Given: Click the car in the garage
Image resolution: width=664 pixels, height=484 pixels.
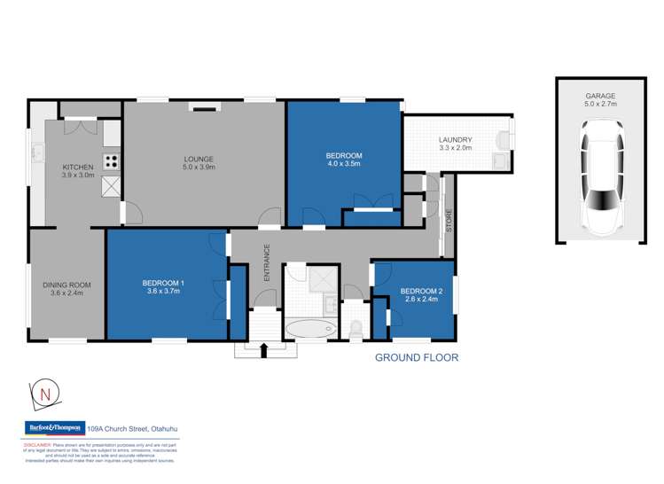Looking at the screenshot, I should (599, 180).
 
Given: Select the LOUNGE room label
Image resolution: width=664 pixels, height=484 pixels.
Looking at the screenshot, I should (199, 159).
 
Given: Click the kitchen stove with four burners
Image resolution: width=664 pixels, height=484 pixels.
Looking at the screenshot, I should (112, 161).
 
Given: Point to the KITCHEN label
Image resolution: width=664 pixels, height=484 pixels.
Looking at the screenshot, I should (77, 167).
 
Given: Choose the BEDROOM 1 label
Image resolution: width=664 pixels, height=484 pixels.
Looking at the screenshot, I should (166, 284).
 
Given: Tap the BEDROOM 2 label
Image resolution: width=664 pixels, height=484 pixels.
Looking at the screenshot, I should (420, 290).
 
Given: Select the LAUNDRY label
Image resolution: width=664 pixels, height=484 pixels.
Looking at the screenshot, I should (455, 140).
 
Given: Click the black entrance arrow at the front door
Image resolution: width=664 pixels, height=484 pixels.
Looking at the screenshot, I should (263, 351).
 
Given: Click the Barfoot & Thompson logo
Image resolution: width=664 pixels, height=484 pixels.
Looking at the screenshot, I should (53, 428).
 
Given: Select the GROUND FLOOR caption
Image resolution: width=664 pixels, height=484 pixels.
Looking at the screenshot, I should (416, 358).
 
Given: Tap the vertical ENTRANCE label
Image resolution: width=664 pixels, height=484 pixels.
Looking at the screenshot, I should (266, 267).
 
